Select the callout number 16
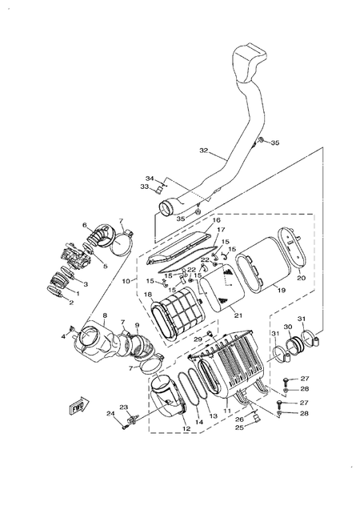[x=215, y=219]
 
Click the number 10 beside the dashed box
[x=126, y=281]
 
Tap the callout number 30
[x=288, y=327]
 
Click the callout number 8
[x=104, y=317]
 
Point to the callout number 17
[x=221, y=231]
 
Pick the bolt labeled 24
[x=126, y=425]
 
